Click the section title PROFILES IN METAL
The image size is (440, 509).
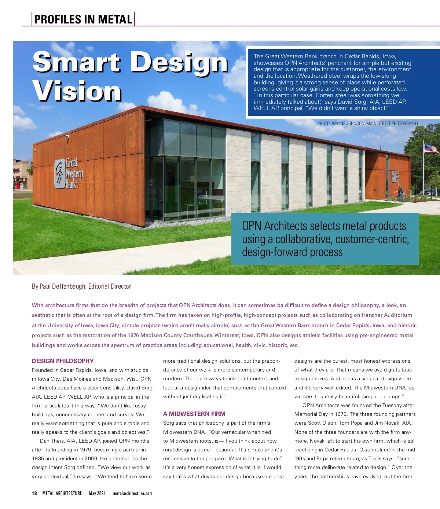pyautogui.click(x=83, y=19)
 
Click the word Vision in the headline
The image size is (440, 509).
pyautogui.click(x=77, y=91)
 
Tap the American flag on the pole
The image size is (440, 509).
pyautogui.click(x=431, y=149)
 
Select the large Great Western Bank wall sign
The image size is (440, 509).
pyautogui.click(x=69, y=173)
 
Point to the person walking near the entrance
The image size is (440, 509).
pyautogui.click(x=400, y=193)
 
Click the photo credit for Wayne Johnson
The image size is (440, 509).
pyautogui.click(x=368, y=124)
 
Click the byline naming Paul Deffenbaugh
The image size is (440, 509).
pyautogui.click(x=81, y=286)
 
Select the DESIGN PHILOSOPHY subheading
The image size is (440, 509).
pyautogui.click(x=63, y=361)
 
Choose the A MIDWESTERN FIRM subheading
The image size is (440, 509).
pyautogui.click(x=194, y=414)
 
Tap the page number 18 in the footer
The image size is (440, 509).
pyautogui.click(x=34, y=493)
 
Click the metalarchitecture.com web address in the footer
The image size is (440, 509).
pyautogui.click(x=133, y=493)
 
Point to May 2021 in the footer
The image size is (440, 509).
pyautogui.click(x=97, y=493)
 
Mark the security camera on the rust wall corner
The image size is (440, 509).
pyautogui.click(x=67, y=136)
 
